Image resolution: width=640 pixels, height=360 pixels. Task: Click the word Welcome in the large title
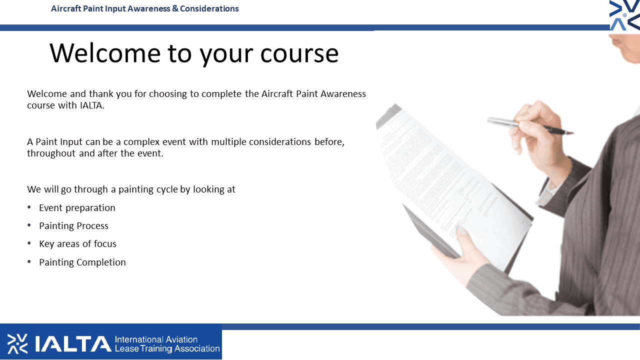click(105, 53)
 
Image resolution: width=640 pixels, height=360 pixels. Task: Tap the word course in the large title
click(299, 54)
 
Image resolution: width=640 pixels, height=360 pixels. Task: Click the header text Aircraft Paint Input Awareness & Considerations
click(145, 8)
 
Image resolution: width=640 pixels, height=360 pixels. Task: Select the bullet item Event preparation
click(77, 208)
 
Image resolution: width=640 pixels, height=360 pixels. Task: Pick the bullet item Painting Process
click(73, 226)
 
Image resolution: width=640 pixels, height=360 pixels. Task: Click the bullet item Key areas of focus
click(77, 243)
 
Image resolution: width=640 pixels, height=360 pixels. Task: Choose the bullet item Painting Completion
click(82, 262)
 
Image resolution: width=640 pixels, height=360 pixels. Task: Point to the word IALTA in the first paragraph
click(92, 105)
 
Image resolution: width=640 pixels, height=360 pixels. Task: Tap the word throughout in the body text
click(51, 153)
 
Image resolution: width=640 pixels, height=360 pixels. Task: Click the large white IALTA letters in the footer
click(73, 343)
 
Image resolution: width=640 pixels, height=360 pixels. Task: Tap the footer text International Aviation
click(156, 339)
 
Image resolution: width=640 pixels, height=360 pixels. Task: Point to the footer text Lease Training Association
click(167, 348)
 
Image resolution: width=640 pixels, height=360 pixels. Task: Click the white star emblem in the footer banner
click(17, 343)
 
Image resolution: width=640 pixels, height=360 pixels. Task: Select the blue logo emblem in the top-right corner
click(624, 15)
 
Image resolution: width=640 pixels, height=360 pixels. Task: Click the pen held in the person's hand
click(530, 125)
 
